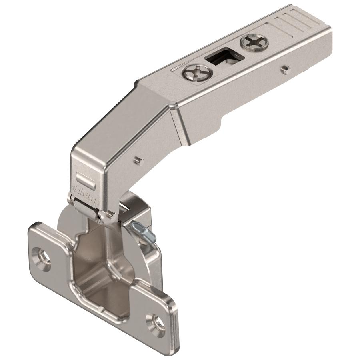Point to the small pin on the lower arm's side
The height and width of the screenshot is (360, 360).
tap(137, 160)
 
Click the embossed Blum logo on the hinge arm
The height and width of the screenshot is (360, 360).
tap(85, 192)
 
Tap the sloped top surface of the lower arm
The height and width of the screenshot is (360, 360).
tap(116, 120)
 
